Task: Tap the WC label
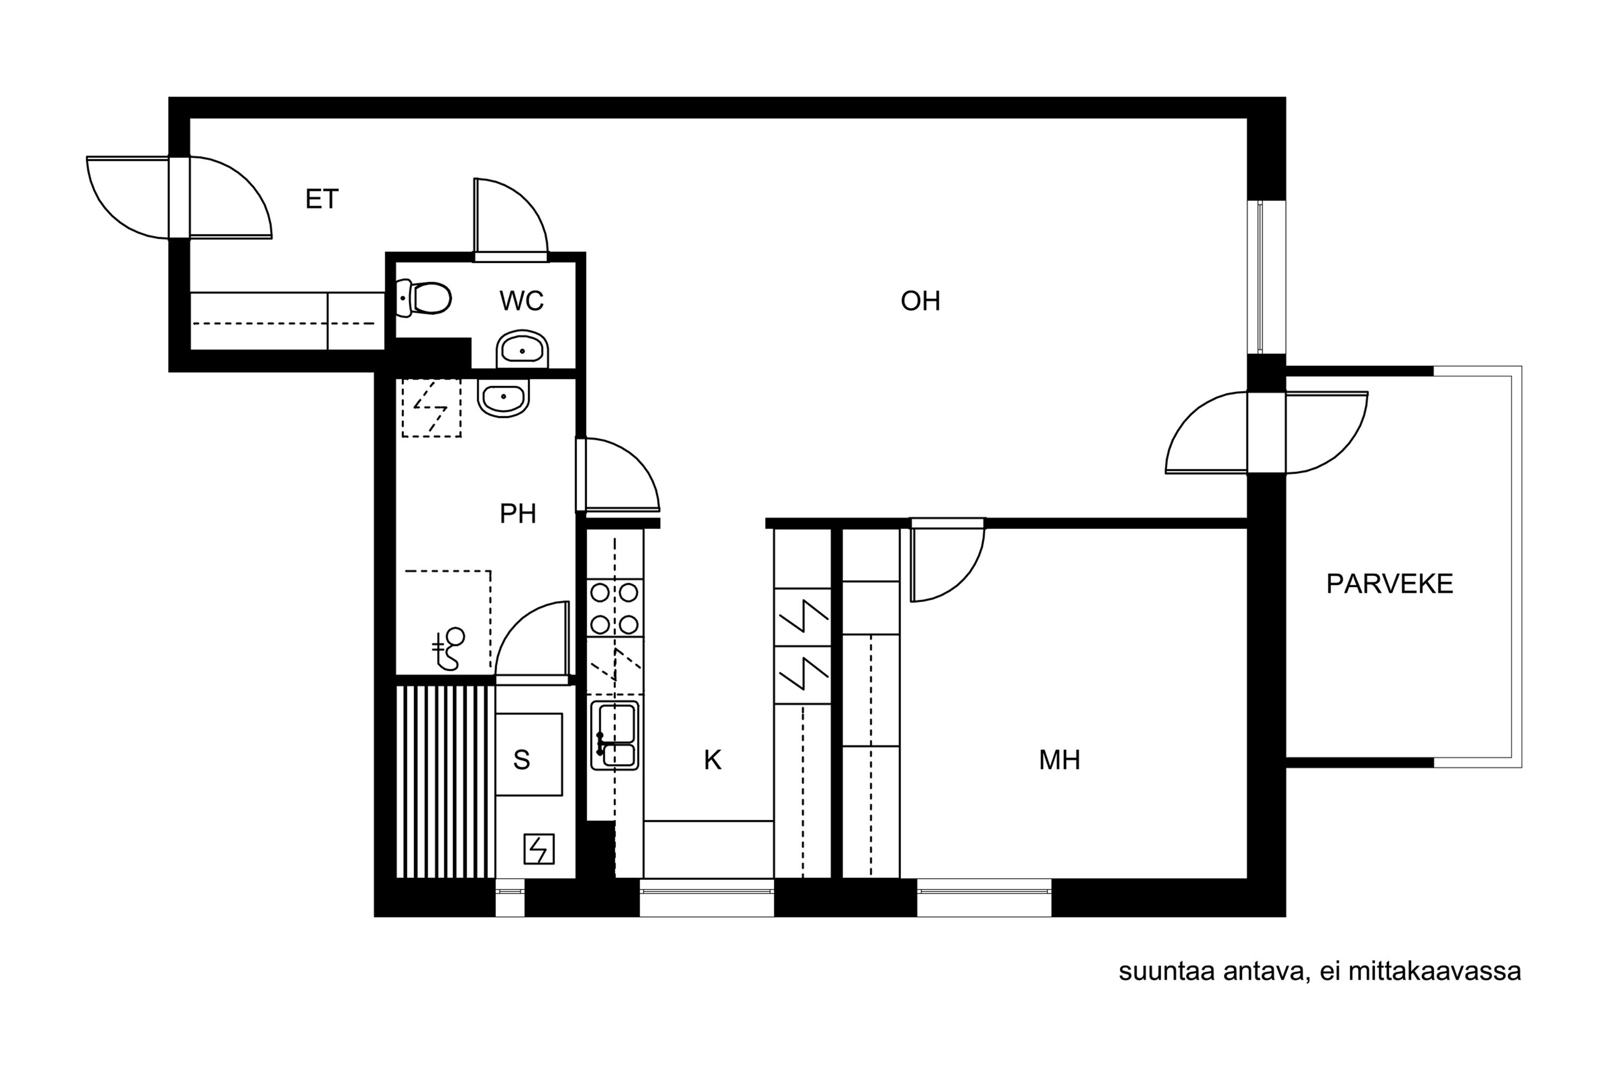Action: pos(521,301)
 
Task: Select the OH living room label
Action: pos(920,301)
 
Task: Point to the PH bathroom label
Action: pos(518,514)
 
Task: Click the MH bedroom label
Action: pos(1060,760)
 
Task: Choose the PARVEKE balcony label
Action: pos(1390,584)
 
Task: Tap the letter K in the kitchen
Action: pos(713,760)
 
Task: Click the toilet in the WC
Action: pos(424,298)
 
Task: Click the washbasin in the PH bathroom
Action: pos(504,398)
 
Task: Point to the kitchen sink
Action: pos(615,735)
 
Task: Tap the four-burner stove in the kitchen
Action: pos(614,608)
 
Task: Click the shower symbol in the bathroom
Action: pos(449,649)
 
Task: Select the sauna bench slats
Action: pos(445,782)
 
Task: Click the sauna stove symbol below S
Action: pos(539,849)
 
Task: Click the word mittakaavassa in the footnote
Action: pos(1435,971)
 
